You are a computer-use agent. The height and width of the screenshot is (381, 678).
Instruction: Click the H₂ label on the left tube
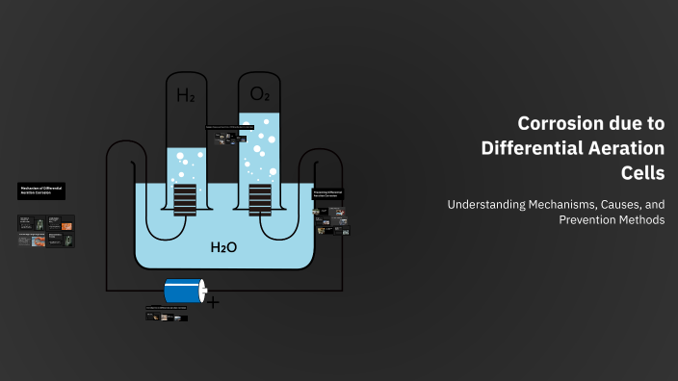(x=185, y=95)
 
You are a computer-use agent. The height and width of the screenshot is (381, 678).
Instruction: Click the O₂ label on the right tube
(x=259, y=93)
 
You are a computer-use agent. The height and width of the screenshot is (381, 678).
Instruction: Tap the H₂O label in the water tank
(x=223, y=247)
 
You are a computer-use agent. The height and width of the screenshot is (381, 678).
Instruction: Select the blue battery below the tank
(x=184, y=292)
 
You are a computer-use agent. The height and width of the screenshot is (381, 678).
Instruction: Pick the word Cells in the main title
(x=642, y=173)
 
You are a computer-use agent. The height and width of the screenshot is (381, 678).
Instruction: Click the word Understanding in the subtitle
(x=489, y=204)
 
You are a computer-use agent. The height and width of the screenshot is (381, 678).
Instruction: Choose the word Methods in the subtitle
(x=642, y=219)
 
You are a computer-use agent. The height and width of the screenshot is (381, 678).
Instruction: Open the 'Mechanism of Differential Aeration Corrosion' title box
(x=41, y=190)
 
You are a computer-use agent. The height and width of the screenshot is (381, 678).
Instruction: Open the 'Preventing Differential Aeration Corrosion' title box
(x=328, y=194)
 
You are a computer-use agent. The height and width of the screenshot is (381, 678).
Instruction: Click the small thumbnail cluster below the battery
(x=167, y=314)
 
